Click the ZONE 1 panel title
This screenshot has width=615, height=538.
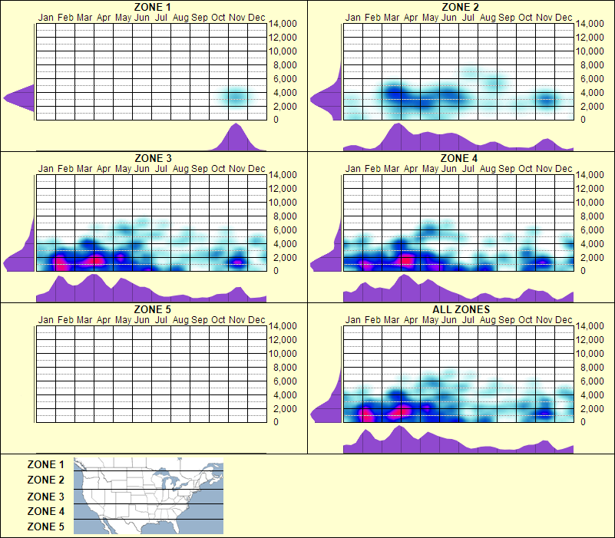[152, 7]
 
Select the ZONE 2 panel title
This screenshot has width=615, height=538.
[461, 7]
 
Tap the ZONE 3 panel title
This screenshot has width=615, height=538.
[152, 159]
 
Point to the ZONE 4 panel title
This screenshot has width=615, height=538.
[461, 159]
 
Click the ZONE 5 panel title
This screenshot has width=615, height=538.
[152, 310]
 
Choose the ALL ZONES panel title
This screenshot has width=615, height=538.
[461, 310]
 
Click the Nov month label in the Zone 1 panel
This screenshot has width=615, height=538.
[237, 17]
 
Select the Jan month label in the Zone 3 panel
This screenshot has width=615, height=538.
[46, 168]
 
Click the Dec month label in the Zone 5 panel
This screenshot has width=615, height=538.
[256, 319]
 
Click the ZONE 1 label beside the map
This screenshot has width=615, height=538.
[46, 464]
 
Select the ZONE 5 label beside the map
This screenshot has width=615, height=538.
[46, 526]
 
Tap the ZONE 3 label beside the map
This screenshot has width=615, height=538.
[46, 497]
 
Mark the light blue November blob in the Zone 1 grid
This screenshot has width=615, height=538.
[236, 97]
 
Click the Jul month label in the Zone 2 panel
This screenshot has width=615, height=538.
[468, 17]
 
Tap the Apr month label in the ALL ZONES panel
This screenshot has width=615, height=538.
[411, 319]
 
